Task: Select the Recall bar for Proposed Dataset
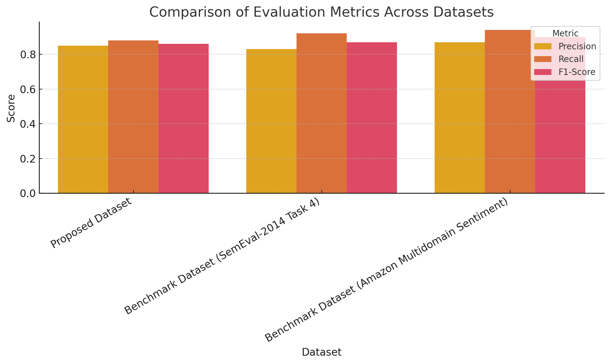point(133,117)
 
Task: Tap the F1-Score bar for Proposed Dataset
point(183,118)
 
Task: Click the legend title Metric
point(565,33)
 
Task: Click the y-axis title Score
point(11,108)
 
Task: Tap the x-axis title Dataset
point(321,352)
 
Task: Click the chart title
point(321,12)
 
